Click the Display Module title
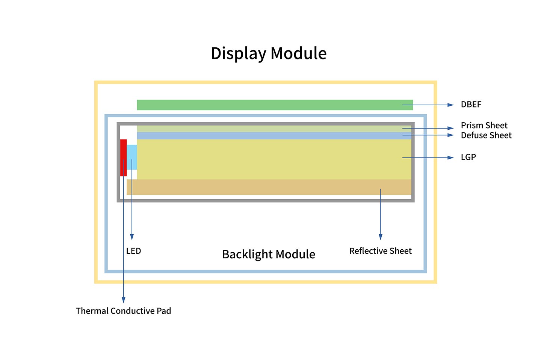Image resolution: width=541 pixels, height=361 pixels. pos(268,53)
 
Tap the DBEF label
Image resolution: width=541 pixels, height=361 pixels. pos(471,105)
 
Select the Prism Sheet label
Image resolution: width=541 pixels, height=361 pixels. pos(484,125)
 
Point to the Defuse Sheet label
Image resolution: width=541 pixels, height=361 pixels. pos(486,135)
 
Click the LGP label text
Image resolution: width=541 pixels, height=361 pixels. pos(468,157)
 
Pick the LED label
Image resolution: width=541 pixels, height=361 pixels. pos(133,251)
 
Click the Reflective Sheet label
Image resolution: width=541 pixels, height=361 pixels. pos(380,251)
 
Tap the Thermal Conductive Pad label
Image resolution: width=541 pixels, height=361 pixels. pos(123,311)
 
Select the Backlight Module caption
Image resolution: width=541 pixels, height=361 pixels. pos(268,255)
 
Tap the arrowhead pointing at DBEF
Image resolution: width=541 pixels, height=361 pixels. pos(451,105)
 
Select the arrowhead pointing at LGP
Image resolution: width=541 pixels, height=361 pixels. pos(451,158)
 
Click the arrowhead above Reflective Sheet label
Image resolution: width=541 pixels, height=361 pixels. pos(381,237)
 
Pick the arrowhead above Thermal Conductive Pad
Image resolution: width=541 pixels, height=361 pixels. pos(123,299)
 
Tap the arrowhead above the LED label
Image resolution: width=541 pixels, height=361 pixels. pos(132,237)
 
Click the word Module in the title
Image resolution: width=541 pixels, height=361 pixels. pos(298,53)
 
